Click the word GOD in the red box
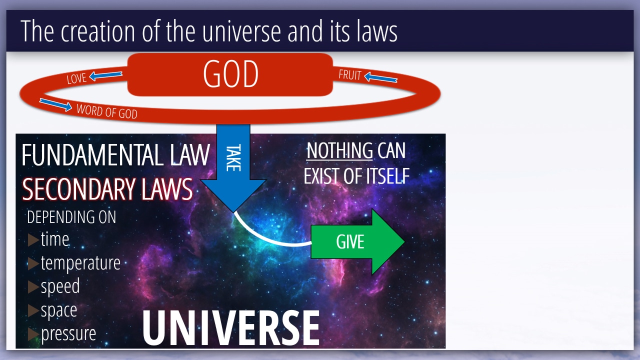click(231, 74)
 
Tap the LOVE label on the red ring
click(76, 78)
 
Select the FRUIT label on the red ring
click(350, 75)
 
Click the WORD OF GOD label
click(107, 111)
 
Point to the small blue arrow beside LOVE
click(105, 75)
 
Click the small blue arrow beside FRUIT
click(381, 77)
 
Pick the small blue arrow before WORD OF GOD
click(55, 104)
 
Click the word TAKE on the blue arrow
click(233, 157)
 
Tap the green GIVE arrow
click(357, 241)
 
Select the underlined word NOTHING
click(339, 150)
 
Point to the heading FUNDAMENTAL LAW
click(115, 155)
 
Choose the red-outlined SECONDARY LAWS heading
click(107, 189)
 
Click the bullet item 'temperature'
click(80, 263)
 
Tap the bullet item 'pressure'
click(68, 333)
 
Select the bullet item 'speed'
click(60, 286)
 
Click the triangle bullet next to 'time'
click(33, 239)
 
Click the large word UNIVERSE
click(231, 328)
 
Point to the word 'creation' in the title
click(97, 31)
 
